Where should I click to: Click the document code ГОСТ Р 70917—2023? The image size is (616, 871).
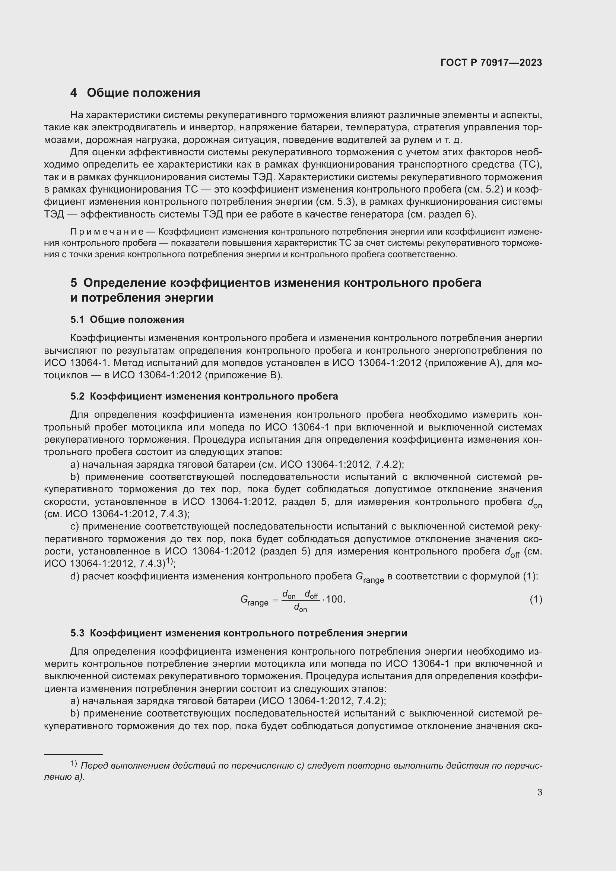(491, 63)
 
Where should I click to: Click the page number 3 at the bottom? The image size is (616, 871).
(539, 792)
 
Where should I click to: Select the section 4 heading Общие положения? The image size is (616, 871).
(135, 93)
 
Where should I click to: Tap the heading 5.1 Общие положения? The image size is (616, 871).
(127, 320)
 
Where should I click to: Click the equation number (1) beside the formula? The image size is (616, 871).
(536, 600)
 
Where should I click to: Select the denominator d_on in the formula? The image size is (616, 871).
(301, 608)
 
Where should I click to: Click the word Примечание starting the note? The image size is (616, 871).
(107, 232)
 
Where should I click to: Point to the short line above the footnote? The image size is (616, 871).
(73, 754)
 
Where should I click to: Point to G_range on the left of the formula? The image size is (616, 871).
(254, 600)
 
